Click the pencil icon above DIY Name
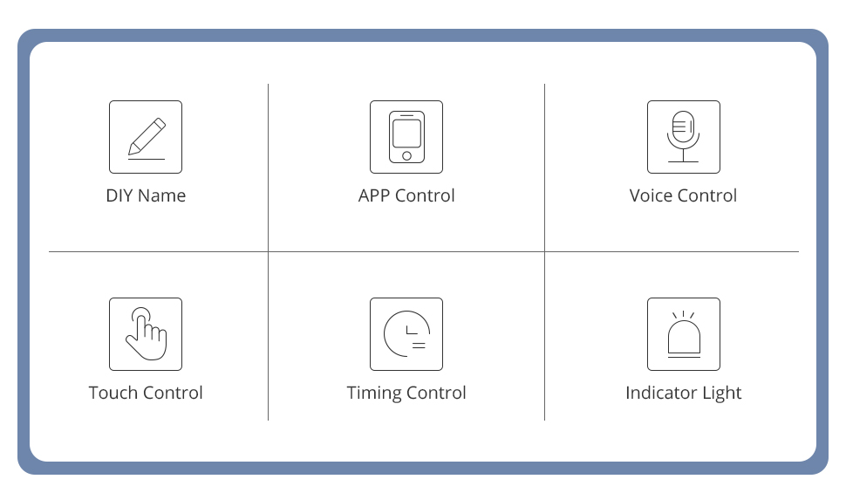146,136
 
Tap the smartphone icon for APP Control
406,136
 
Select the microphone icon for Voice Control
683,132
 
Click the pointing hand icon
146,333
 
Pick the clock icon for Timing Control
406,333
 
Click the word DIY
119,195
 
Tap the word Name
162,195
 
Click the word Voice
651,195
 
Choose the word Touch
113,393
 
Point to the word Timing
373,394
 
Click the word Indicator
660,393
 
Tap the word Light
720,394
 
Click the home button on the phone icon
406,156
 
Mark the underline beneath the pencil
146,159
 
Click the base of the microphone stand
683,161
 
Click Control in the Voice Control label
707,195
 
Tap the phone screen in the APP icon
406,133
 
